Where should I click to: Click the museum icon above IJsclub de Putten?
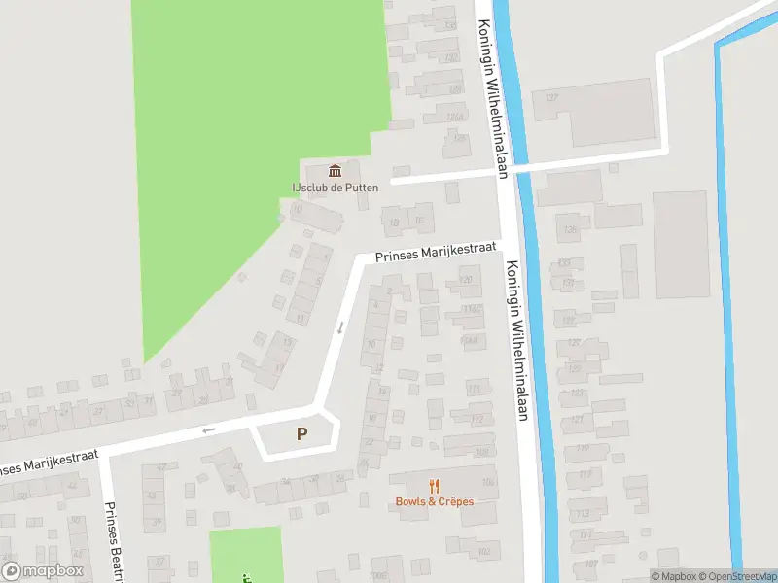pos(336,171)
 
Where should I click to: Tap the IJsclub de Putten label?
pos(336,188)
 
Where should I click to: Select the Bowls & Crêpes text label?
pos(435,501)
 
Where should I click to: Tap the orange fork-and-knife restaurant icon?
pos(435,486)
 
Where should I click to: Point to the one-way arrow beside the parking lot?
pos(207,430)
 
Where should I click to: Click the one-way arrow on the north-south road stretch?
pos(340,327)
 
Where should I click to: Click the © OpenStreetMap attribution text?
pos(731,576)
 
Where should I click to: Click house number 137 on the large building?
pos(551,98)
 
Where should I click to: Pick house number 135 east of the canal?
pos(569,230)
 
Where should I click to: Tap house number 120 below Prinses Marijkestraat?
pos(466,281)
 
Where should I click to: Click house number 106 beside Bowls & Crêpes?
pos(487,482)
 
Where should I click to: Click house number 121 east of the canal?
pos(578,419)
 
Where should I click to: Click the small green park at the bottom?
pos(245,554)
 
